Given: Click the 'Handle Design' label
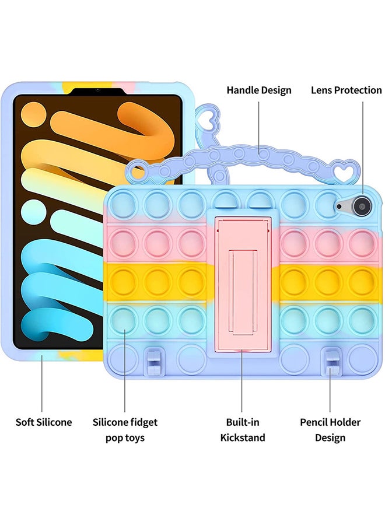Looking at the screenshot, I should tap(259, 90).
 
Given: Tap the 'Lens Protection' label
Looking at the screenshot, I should tap(346, 90).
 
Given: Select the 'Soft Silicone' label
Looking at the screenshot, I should tap(44, 422).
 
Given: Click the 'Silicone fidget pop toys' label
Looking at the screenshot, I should tap(125, 430).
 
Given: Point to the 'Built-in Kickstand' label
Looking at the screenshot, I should tap(243, 430).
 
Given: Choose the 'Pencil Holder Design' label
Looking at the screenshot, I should tap(330, 430).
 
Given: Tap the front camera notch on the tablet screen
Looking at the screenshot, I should tap(97, 90).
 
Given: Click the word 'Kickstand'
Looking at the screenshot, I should tap(243, 437).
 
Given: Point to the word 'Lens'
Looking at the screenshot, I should tap(322, 90).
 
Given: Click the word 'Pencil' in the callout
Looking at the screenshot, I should tap(315, 422).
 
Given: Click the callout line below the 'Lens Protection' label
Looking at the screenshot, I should tap(363, 146).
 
